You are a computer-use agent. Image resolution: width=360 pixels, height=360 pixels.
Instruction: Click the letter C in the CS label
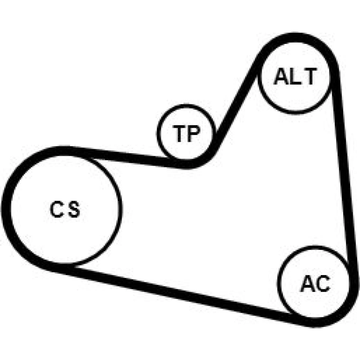point(56,209)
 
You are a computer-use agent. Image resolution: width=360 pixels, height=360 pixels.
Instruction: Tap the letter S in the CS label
point(74,209)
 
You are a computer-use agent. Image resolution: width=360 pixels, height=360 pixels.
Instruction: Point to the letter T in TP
point(180,134)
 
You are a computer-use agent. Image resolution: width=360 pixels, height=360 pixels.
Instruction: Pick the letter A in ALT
point(282,76)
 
